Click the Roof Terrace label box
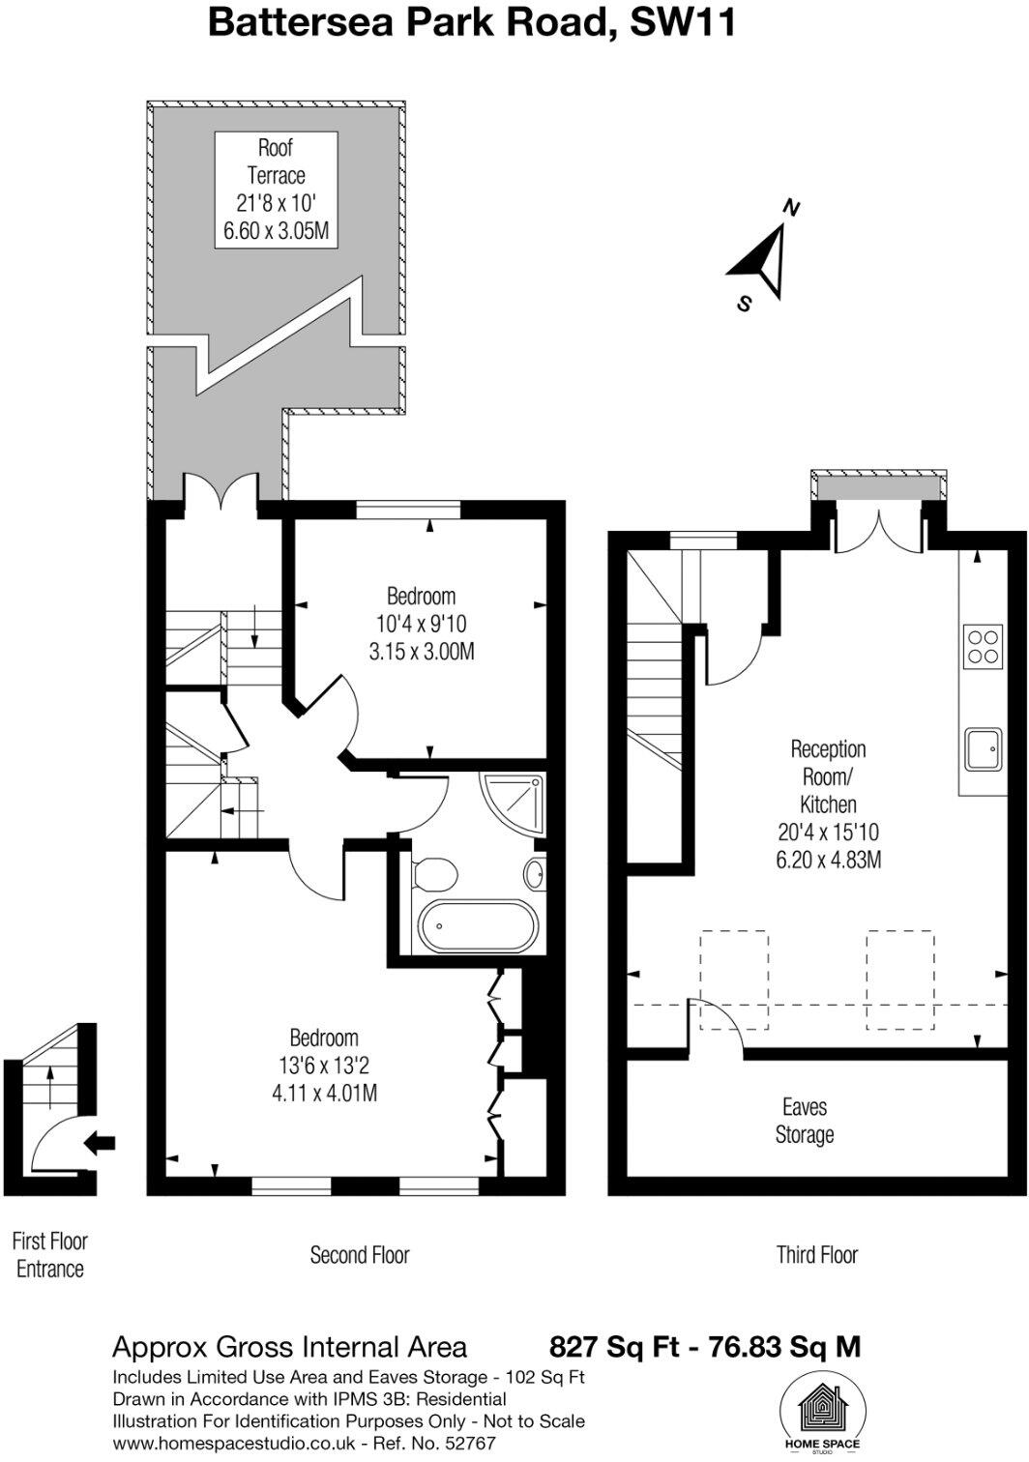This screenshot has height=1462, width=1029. tap(276, 190)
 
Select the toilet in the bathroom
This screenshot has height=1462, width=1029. tap(435, 874)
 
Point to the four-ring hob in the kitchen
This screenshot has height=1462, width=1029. tap(983, 646)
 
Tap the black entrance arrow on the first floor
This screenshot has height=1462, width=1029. tap(100, 1143)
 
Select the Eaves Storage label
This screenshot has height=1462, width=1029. tap(805, 1121)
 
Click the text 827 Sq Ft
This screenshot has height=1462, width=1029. tap(613, 1346)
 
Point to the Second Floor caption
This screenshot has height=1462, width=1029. tap(360, 1255)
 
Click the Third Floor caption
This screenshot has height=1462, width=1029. tap(817, 1255)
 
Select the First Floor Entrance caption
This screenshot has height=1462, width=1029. tap(50, 1254)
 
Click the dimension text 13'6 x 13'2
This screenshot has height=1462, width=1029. tap(324, 1066)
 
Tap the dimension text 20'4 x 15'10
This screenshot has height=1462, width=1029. tap(828, 832)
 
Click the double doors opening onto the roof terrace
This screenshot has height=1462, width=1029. tap(221, 489)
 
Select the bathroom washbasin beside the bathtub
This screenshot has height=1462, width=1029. tap(534, 874)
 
